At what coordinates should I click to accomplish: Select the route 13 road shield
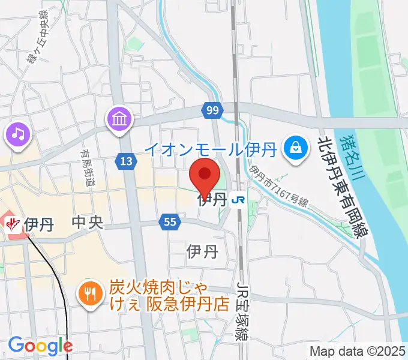point(127,161)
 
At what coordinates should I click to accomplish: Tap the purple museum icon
point(119,119)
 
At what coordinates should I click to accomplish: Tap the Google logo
point(40,346)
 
